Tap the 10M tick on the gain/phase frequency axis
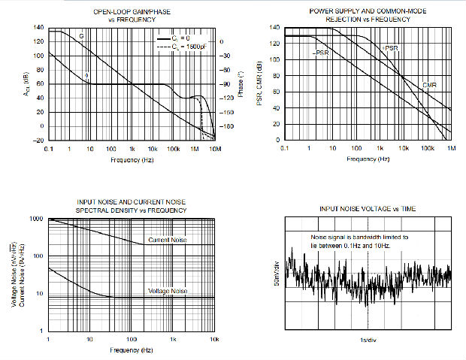click(x=215, y=149)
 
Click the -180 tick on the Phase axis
click(x=229, y=126)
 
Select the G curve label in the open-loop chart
click(x=81, y=36)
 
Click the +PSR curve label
click(x=390, y=48)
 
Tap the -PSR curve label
click(x=321, y=53)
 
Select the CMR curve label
click(x=429, y=85)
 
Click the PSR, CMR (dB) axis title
click(x=260, y=83)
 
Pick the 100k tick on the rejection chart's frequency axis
click(x=428, y=149)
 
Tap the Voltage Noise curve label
click(x=168, y=292)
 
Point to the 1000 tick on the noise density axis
click(x=37, y=219)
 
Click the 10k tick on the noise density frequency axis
click(x=214, y=340)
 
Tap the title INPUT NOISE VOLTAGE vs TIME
click(x=368, y=208)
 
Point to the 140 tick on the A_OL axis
click(x=37, y=28)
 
